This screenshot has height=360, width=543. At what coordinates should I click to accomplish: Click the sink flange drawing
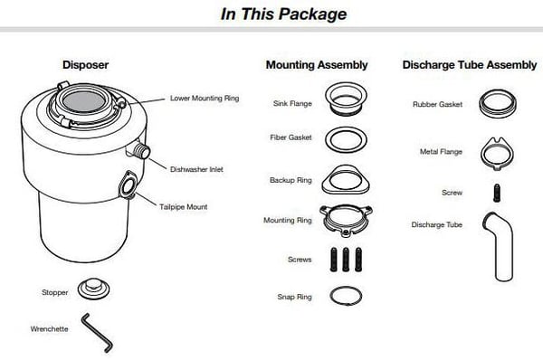(346, 90)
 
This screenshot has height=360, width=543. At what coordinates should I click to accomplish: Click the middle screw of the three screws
(346, 260)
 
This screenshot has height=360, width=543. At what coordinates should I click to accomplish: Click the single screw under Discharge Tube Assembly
(497, 193)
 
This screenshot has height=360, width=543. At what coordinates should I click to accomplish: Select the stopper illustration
(93, 289)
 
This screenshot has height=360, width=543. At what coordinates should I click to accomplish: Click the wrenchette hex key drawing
(98, 333)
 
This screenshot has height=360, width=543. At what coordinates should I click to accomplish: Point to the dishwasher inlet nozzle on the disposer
(142, 151)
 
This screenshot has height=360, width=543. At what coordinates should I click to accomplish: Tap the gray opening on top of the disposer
(84, 101)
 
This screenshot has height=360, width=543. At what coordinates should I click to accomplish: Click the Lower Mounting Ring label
(205, 98)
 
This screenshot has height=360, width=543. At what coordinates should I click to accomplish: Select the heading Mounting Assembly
(317, 65)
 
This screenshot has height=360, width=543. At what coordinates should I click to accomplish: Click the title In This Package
(283, 14)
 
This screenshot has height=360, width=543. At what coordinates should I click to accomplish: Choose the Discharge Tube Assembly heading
(469, 65)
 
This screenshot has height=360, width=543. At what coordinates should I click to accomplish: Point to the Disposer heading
(86, 65)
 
